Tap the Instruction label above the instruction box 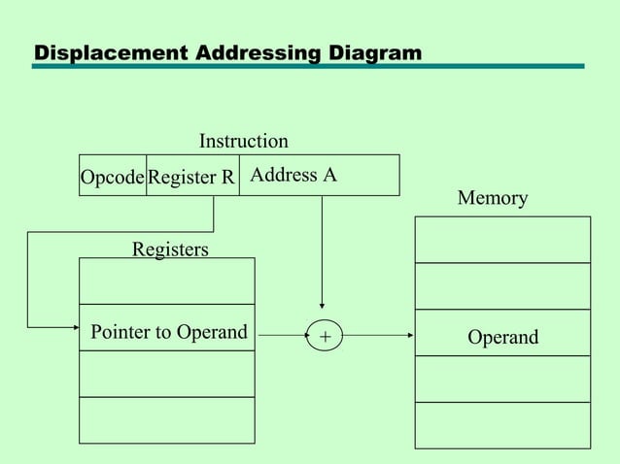pos(243,142)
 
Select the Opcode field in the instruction pos(113,177)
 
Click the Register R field pos(192,177)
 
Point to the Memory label pos(493,199)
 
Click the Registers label pos(170,249)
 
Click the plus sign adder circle pos(324,337)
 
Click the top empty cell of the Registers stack pos(167,282)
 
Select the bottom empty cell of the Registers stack pos(167,419)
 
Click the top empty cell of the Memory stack pos(502,239)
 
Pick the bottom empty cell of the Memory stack pos(502,425)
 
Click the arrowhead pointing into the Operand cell pos(410,336)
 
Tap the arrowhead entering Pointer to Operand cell pos(74,326)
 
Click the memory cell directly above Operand pos(502,286)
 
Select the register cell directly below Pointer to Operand pos(167,374)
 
